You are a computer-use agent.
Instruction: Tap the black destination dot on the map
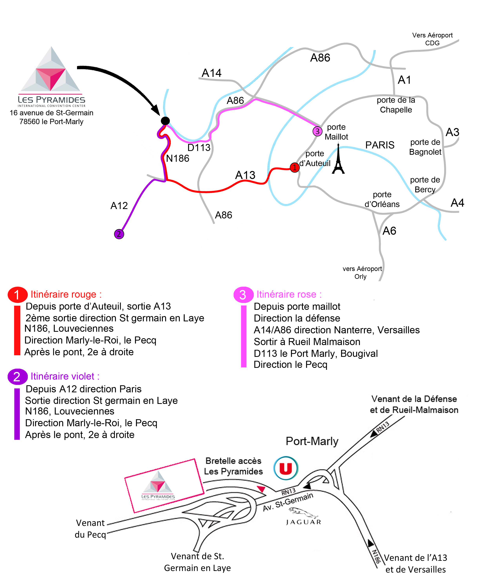coord(165,121)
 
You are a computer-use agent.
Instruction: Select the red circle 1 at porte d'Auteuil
coord(295,167)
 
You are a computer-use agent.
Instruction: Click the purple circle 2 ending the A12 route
coord(119,234)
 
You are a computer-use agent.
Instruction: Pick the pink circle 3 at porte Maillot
coord(317,131)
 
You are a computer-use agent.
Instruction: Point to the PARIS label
coord(380,145)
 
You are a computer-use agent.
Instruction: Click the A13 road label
coord(245,175)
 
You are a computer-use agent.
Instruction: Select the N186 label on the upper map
coord(178,159)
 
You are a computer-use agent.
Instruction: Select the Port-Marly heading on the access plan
coord(312,441)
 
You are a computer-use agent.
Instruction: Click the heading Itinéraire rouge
coord(66,294)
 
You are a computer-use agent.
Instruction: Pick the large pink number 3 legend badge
coord(243,294)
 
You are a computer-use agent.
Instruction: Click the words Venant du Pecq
coord(90,529)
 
